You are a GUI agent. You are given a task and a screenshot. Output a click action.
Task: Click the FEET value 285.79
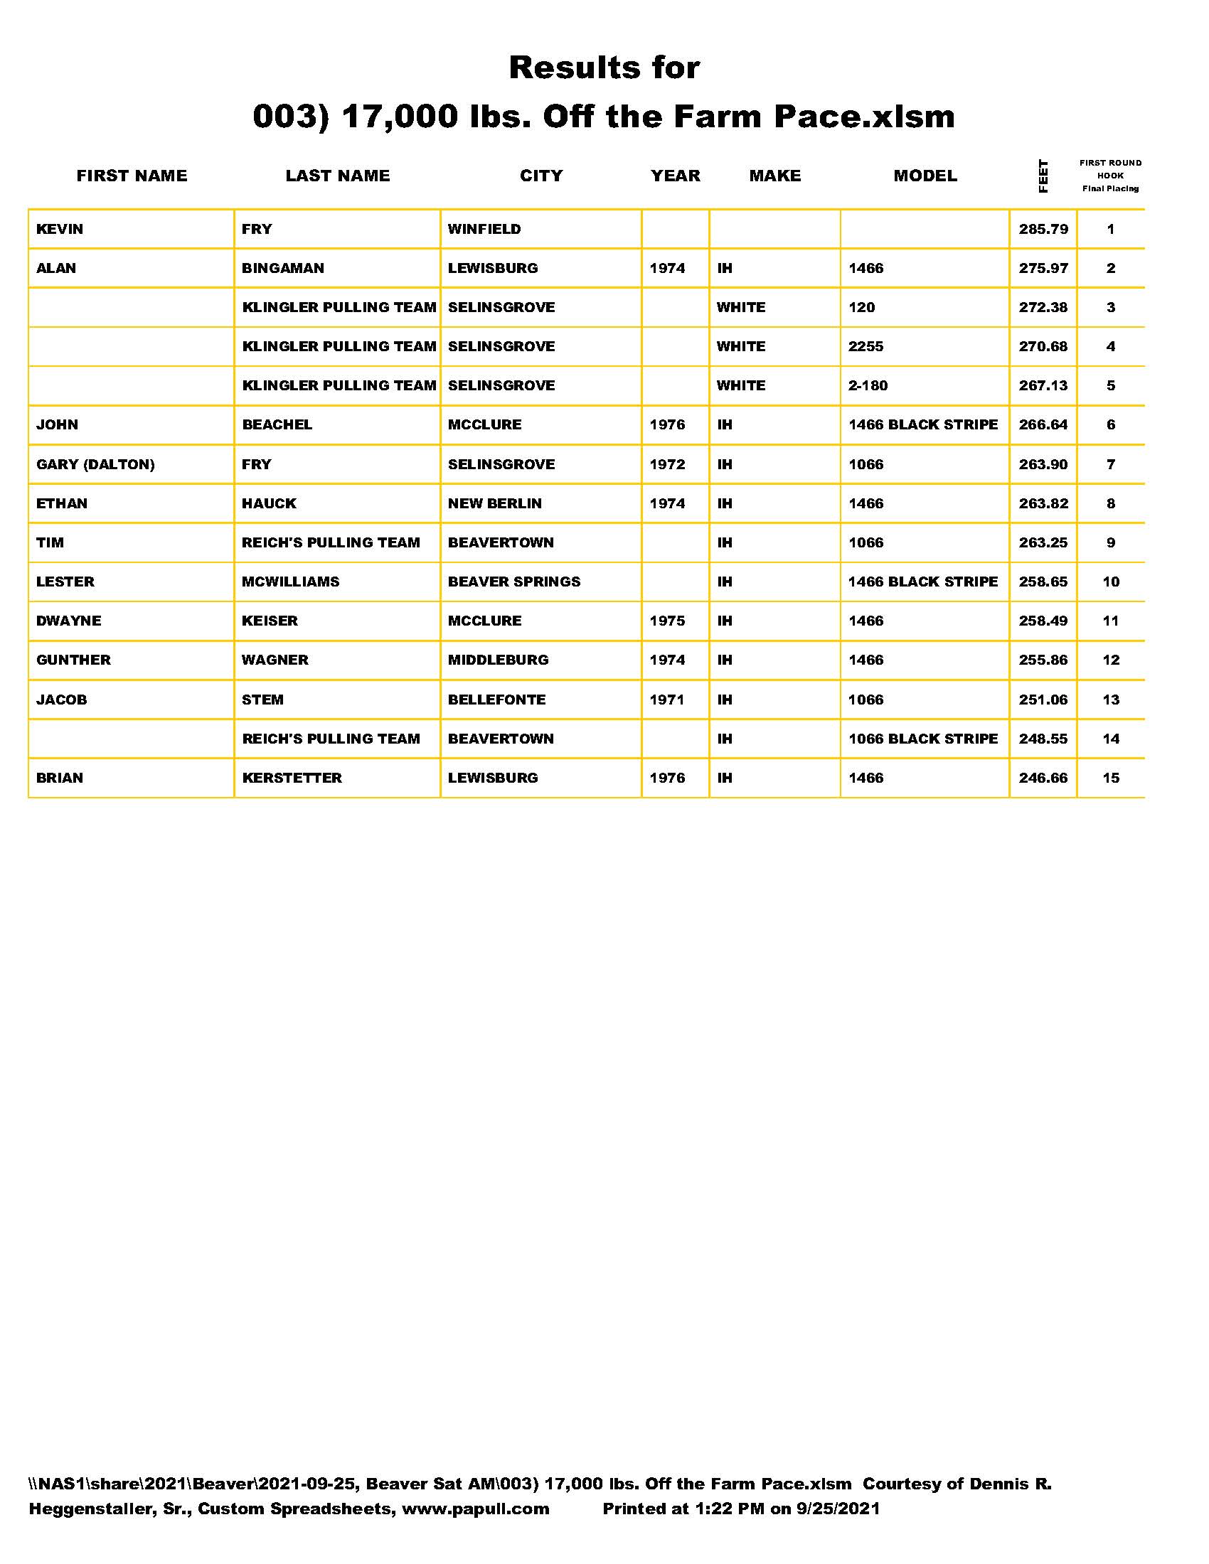pos(1043,229)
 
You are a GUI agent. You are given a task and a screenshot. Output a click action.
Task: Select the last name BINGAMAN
pos(283,269)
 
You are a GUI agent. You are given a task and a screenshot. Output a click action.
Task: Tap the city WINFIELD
pos(484,229)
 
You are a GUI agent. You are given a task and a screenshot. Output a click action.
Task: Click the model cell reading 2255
pos(866,347)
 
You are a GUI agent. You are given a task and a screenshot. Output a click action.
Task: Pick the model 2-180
pos(868,385)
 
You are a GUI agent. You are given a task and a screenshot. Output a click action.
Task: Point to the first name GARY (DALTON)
pos(95,464)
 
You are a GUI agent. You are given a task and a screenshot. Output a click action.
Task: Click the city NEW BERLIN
pos(495,503)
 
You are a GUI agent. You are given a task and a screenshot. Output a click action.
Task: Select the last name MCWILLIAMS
pos(290,582)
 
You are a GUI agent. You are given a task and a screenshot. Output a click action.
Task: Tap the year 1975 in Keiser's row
pos(667,621)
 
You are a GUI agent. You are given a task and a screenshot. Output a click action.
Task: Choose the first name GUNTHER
pos(74,660)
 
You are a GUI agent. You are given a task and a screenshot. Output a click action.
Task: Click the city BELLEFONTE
pos(496,700)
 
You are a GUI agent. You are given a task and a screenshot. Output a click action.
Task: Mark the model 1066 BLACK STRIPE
pos(923,739)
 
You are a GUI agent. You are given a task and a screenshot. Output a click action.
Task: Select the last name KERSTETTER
pos(292,778)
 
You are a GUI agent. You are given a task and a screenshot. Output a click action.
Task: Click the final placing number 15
pos(1110,778)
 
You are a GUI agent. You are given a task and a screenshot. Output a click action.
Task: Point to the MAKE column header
pos(775,176)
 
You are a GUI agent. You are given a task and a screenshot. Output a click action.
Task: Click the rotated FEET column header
pos(1043,176)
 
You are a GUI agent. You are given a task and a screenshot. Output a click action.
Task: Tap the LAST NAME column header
pos(337,176)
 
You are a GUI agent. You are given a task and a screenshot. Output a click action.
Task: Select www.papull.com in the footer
pos(476,1509)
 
